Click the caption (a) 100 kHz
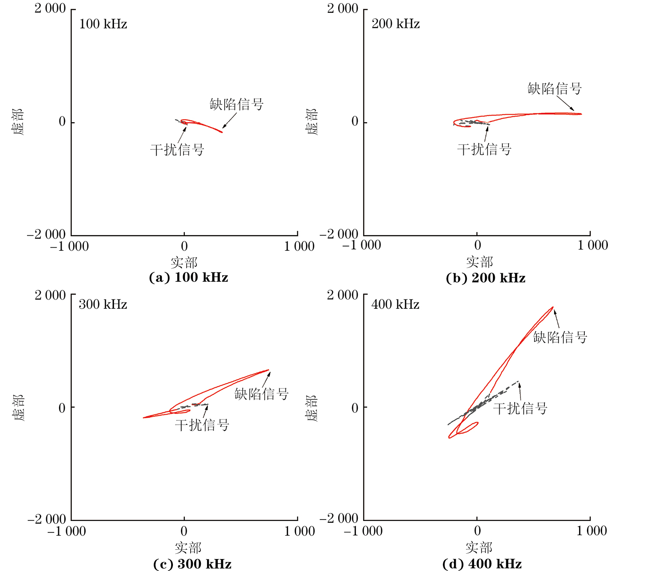click(188, 278)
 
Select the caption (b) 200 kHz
click(485, 278)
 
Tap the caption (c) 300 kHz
click(192, 564)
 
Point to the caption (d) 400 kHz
click(482, 564)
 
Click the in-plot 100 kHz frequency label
click(103, 24)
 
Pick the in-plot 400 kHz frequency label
click(395, 304)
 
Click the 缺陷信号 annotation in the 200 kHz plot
click(554, 89)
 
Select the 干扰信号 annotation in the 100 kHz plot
click(177, 150)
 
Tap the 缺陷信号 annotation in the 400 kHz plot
click(560, 338)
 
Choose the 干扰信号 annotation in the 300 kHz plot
click(202, 425)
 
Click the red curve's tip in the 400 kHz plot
click(553, 307)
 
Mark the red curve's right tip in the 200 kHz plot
click(581, 114)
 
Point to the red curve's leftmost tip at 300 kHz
click(144, 417)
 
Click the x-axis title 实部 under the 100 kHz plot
click(184, 263)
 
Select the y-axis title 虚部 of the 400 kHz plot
click(312, 408)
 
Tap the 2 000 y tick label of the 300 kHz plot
click(50, 295)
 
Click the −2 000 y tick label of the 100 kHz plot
click(46, 234)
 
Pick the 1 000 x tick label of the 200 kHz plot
click(592, 245)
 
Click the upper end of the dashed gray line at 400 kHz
click(518, 381)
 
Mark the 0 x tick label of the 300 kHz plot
click(184, 531)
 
